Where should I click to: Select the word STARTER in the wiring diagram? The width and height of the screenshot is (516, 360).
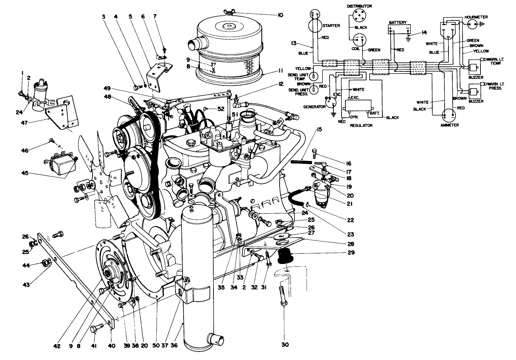pos(332,26)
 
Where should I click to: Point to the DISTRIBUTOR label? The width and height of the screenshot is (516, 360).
pos(359,6)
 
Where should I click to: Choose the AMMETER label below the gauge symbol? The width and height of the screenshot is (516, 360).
pos(450,126)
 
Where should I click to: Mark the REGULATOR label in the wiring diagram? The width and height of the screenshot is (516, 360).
pos(361,125)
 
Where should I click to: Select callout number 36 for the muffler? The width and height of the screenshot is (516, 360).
pos(174,346)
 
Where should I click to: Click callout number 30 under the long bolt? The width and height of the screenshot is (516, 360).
pos(285,345)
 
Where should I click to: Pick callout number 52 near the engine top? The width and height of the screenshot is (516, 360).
pos(221,109)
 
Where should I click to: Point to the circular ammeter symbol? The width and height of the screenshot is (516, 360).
pos(449,115)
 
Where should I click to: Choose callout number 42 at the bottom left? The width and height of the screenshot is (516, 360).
pos(57,346)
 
